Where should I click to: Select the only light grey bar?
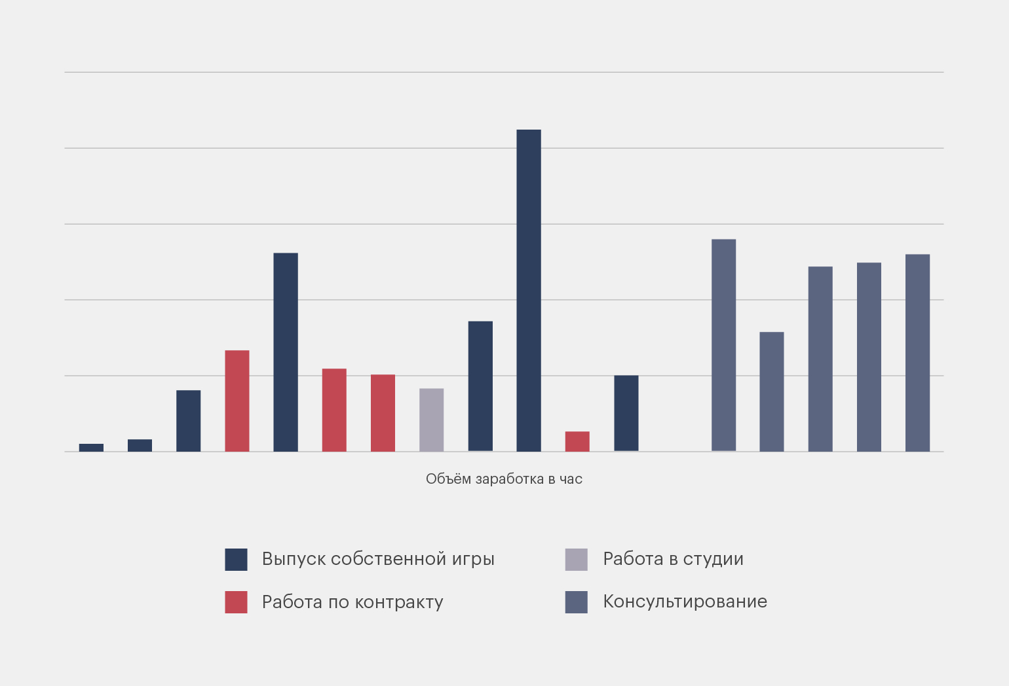tap(432, 420)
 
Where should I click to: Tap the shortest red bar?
tap(577, 441)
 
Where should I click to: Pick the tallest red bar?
tap(237, 401)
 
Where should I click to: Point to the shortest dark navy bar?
tap(92, 448)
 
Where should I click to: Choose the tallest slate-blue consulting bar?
tap(723, 345)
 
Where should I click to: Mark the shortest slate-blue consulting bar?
tap(772, 391)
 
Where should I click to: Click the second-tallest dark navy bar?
tap(286, 352)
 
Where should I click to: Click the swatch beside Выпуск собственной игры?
tap(236, 560)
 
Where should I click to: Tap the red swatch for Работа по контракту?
tap(236, 602)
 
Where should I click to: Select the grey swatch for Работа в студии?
tap(577, 560)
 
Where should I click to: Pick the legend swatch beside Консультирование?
tap(577, 602)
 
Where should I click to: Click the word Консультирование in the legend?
tap(685, 602)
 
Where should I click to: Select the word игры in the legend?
tap(473, 560)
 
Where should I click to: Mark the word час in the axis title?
tap(571, 479)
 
